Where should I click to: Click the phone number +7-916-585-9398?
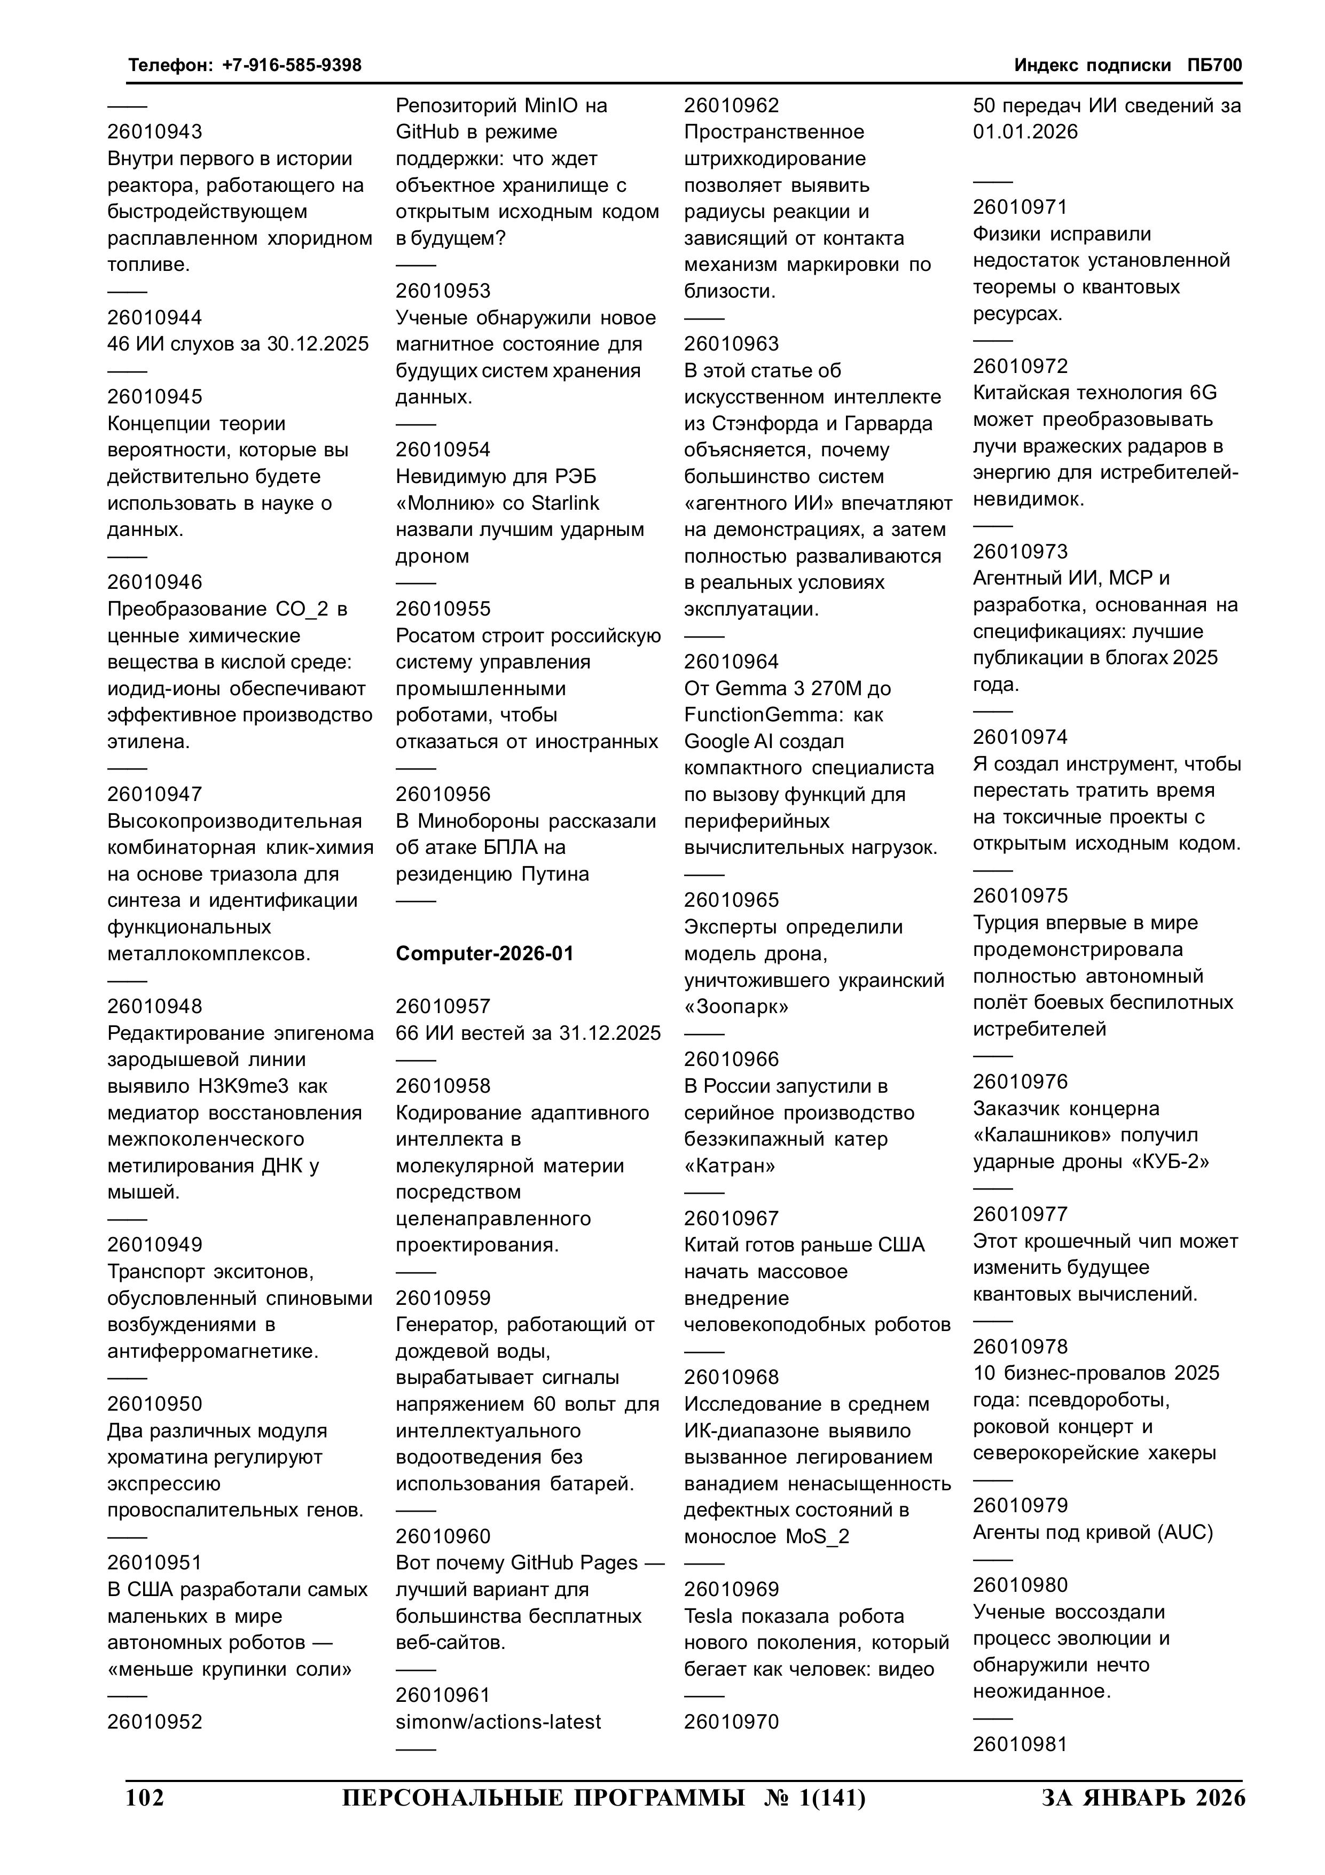292,65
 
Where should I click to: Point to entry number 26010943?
154,131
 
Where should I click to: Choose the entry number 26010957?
443,1006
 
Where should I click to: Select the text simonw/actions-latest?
498,1722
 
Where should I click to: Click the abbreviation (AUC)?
1186,1532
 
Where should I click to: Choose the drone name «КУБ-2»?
1172,1161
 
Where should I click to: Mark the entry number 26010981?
1020,1744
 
